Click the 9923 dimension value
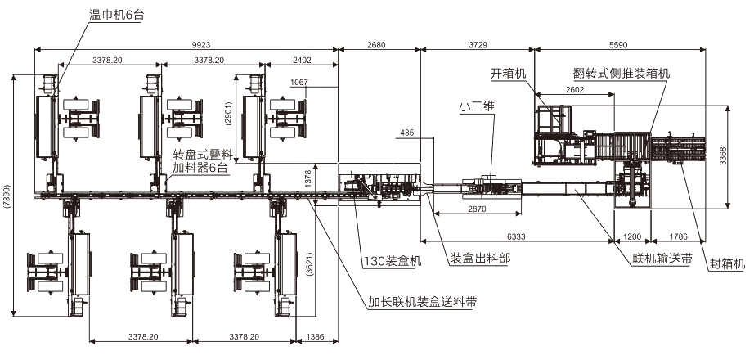click(x=201, y=45)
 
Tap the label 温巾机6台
click(x=116, y=15)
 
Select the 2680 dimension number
click(x=376, y=45)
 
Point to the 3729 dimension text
click(x=478, y=45)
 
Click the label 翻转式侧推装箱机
click(x=622, y=74)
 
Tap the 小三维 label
click(x=477, y=107)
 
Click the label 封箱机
click(x=727, y=263)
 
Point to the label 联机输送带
click(x=662, y=259)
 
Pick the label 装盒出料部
click(x=480, y=259)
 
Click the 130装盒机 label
click(x=393, y=261)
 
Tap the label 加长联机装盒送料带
click(x=423, y=302)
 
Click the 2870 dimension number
click(x=477, y=209)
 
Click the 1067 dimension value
click(x=299, y=83)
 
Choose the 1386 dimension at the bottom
click(x=315, y=336)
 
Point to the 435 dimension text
click(x=406, y=133)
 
